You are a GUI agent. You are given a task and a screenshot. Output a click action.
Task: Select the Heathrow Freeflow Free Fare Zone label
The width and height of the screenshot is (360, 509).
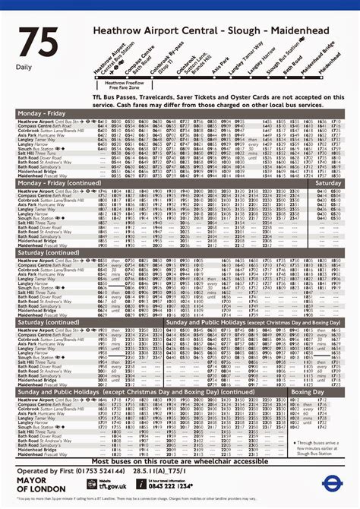tap(126, 84)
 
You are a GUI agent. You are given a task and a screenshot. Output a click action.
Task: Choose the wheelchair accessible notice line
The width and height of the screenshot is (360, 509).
tap(180, 461)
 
